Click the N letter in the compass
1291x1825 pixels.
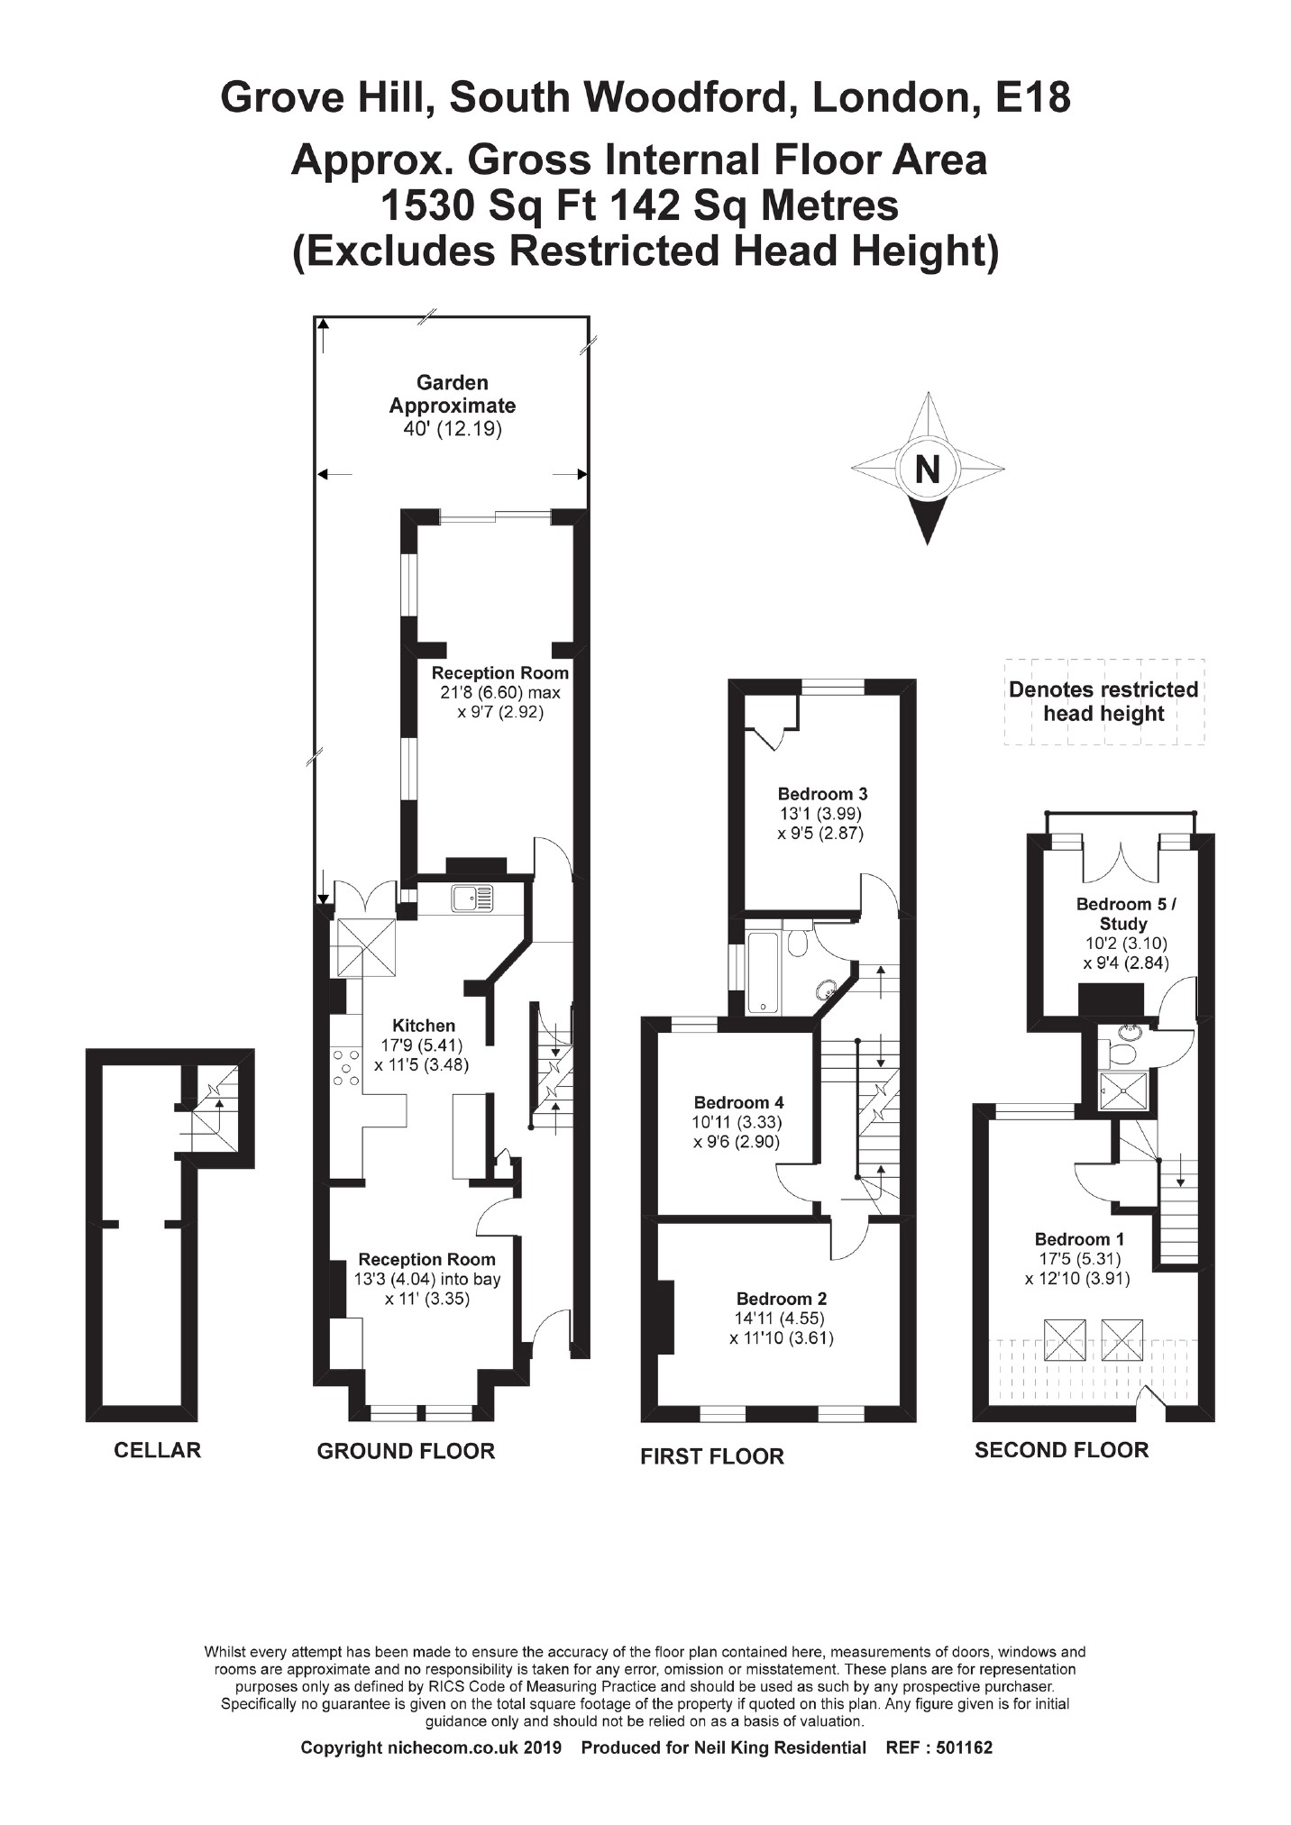click(927, 470)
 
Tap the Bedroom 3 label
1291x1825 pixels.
click(822, 794)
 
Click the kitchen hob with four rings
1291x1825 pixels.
click(344, 1069)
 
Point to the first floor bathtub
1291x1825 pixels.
click(763, 972)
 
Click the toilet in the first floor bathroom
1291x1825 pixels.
click(798, 942)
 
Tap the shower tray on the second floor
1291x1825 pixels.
click(1122, 1091)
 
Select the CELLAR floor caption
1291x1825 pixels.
click(157, 1450)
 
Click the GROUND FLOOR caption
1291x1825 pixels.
click(406, 1451)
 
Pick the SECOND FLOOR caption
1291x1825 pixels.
click(1061, 1450)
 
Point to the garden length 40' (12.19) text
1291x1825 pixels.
click(453, 430)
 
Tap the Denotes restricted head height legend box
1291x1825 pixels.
click(1103, 702)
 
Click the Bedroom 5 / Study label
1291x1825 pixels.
click(1125, 914)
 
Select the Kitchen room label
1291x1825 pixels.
click(424, 1026)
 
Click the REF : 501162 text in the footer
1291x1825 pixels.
click(938, 1747)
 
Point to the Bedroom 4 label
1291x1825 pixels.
click(738, 1102)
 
